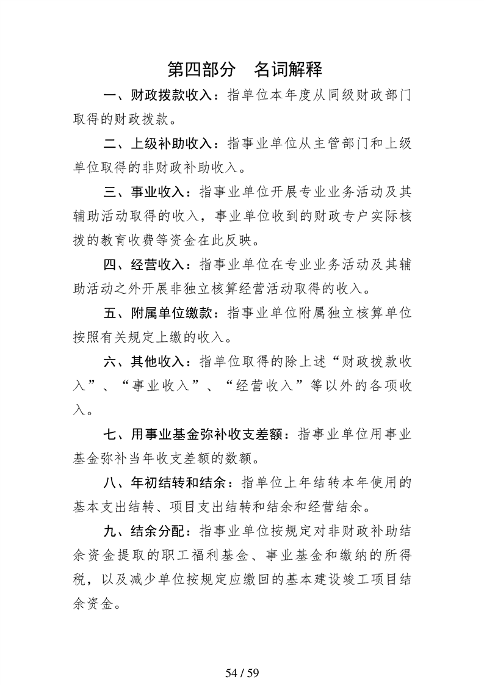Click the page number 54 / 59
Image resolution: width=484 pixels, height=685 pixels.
(242, 656)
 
